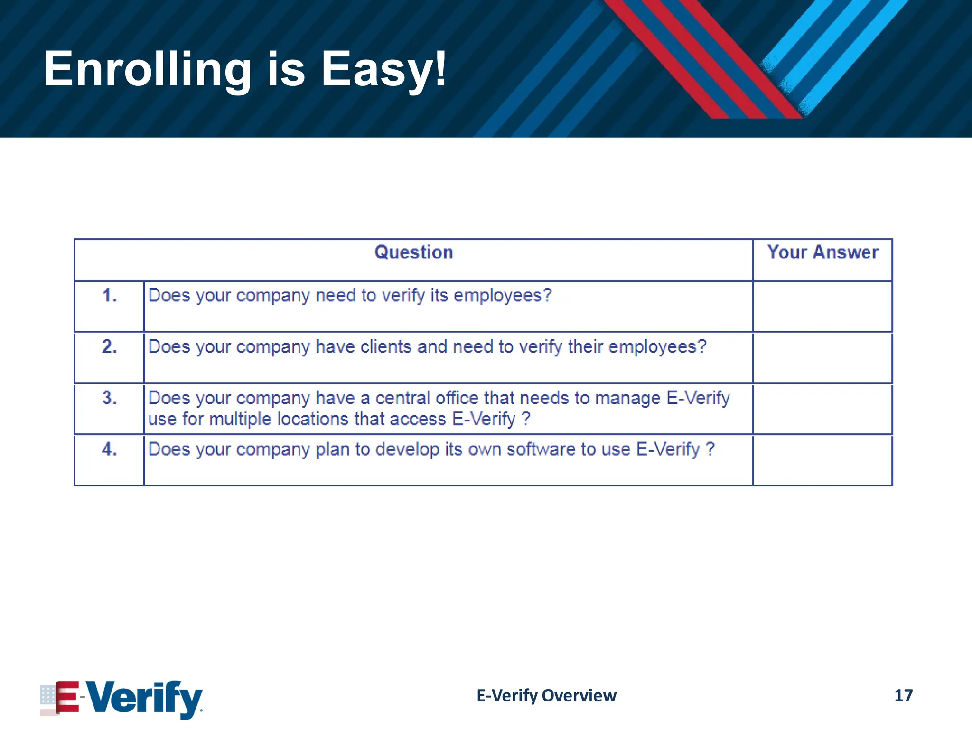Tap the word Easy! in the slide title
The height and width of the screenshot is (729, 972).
tap(383, 70)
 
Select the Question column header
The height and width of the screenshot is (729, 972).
tap(414, 252)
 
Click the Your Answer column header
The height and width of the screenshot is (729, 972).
tap(822, 252)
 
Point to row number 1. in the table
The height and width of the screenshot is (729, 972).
tap(109, 296)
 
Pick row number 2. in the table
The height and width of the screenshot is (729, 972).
tap(109, 347)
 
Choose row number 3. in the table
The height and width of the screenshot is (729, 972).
tap(109, 398)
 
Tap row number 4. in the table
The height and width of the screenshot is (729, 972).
tap(109, 449)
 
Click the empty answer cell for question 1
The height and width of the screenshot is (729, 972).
tap(822, 307)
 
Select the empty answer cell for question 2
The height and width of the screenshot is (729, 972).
tap(822, 358)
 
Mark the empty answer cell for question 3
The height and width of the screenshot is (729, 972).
tap(822, 409)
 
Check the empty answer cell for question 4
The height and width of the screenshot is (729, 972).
tap(822, 460)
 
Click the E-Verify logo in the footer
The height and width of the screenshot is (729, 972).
tap(121, 698)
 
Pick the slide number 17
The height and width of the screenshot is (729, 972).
tap(903, 696)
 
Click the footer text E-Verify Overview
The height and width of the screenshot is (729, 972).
tap(546, 696)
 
